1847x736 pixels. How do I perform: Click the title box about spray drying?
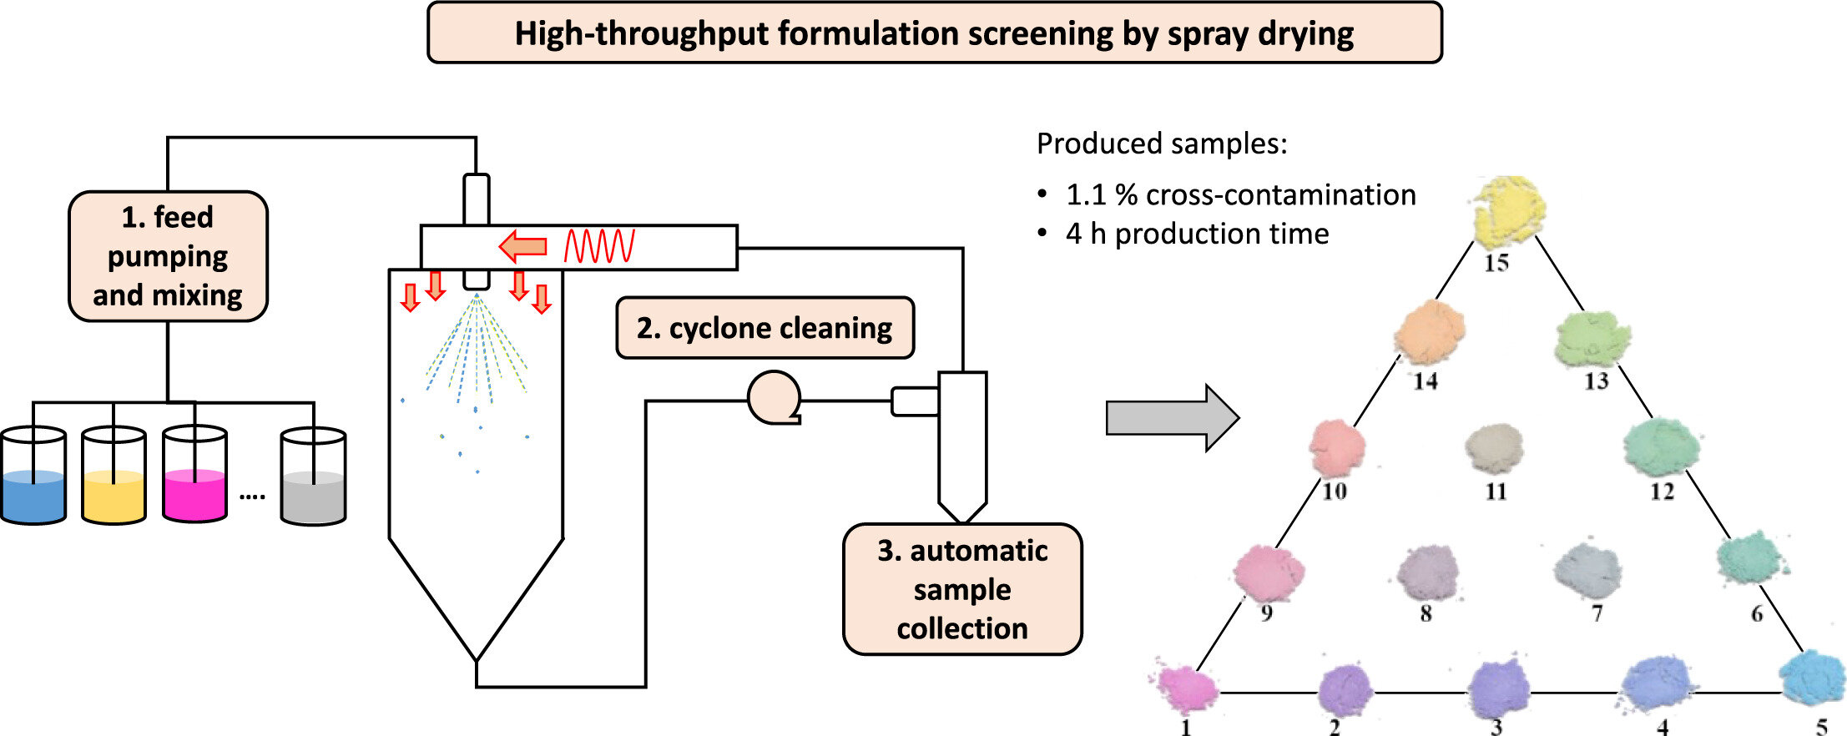[x=934, y=33]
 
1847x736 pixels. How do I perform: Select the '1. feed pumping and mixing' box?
[x=168, y=256]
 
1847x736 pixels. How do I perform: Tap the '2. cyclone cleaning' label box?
[x=765, y=328]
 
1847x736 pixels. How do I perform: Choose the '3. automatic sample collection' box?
[x=962, y=589]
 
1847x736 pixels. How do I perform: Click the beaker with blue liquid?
[x=33, y=476]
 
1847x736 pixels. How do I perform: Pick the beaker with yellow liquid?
[x=114, y=476]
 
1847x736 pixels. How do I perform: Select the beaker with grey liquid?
[x=313, y=476]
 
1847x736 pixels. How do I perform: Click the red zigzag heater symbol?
[x=599, y=246]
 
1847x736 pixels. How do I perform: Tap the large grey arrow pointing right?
[x=1173, y=417]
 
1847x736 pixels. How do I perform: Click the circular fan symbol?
[x=775, y=398]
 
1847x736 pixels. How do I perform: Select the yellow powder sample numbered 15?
[x=1508, y=210]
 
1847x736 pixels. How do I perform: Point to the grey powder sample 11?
[x=1495, y=449]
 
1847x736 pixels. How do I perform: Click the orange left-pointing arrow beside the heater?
[x=523, y=246]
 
